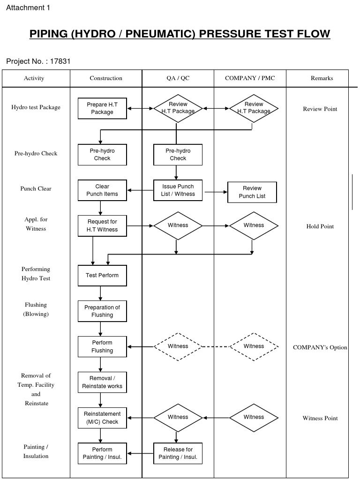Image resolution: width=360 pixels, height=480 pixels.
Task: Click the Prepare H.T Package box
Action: pyautogui.click(x=102, y=108)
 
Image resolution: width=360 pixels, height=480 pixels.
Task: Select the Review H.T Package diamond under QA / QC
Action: pyautogui.click(x=178, y=108)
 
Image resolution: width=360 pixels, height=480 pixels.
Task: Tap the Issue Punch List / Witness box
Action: pyautogui.click(x=178, y=190)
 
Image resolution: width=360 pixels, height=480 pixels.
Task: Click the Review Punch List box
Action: pyautogui.click(x=252, y=192)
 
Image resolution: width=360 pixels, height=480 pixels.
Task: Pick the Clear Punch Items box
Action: pyautogui.click(x=102, y=190)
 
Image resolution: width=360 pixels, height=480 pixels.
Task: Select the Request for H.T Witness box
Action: pyautogui.click(x=102, y=225)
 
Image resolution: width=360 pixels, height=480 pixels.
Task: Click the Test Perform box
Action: pyautogui.click(x=102, y=275)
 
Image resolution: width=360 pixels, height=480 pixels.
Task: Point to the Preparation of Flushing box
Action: pyautogui.click(x=102, y=311)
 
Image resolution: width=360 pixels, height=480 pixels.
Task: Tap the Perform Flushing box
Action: pyautogui.click(x=102, y=347)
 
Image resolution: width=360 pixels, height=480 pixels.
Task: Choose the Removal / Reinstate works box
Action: pyautogui.click(x=102, y=382)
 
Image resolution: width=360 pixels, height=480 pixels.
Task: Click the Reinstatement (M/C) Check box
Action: pyautogui.click(x=102, y=418)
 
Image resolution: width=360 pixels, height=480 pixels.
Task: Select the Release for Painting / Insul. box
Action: pyautogui.click(x=178, y=453)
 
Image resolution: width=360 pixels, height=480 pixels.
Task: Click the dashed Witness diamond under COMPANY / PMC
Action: pyautogui.click(x=254, y=346)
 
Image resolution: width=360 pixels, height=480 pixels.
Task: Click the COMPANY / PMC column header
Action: pyautogui.click(x=250, y=78)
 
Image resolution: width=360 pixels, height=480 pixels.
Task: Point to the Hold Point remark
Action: pyautogui.click(x=320, y=226)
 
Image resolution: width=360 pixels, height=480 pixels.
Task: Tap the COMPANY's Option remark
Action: pyautogui.click(x=320, y=347)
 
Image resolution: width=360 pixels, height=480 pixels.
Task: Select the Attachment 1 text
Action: pyautogui.click(x=28, y=7)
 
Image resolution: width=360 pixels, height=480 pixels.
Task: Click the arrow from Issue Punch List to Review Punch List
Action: pyautogui.click(x=215, y=192)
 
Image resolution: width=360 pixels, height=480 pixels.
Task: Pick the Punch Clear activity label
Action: pyautogui.click(x=36, y=188)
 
